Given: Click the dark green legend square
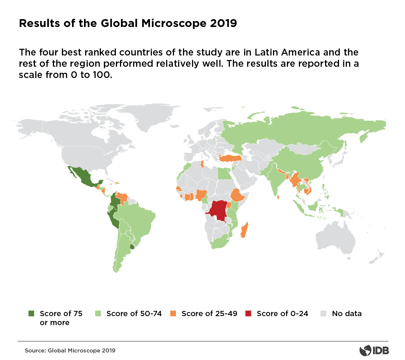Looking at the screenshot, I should point(31,313).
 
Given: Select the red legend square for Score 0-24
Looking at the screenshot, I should point(248,313).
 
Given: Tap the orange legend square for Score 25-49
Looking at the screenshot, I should point(173,313).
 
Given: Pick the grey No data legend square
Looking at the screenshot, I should point(324,313).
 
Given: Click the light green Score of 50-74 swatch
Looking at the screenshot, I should point(98,313).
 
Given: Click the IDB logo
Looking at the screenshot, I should point(374,350).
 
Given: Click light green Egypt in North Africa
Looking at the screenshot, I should point(223,174).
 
